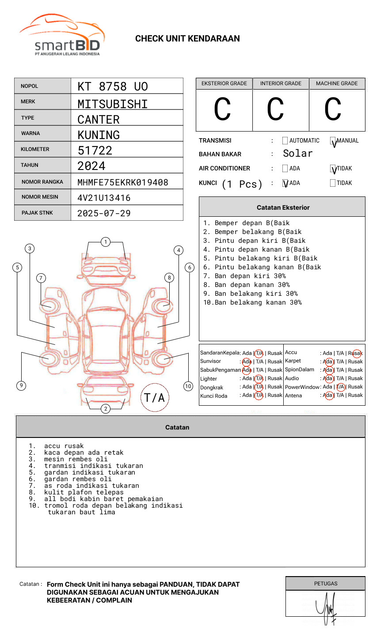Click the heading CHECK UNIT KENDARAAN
coord(187,39)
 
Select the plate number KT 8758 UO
coord(113,87)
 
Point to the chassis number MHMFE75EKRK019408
coord(123,182)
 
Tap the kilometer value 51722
coord(95,151)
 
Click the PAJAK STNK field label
coord(37,213)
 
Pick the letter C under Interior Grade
coord(275,109)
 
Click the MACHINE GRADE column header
coord(337,83)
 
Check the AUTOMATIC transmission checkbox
coord(285,141)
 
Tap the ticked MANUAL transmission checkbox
coord(333,141)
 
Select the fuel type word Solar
coord(297,154)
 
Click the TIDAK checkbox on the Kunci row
coord(333,183)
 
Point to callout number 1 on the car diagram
coord(105,242)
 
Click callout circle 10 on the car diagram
coord(188,386)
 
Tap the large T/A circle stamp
coord(155,398)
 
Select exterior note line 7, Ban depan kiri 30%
coord(250,276)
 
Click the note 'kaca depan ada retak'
coord(84,452)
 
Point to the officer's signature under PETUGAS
coord(326,607)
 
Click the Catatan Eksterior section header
coord(283,207)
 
